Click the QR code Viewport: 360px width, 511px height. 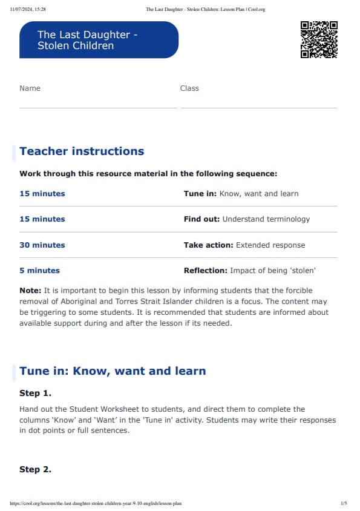point(319,39)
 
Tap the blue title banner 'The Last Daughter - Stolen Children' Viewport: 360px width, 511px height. point(99,40)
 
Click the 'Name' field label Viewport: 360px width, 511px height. point(30,88)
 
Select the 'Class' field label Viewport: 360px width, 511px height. point(189,88)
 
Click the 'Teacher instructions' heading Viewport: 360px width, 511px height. point(82,151)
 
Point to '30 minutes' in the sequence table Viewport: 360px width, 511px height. point(42,245)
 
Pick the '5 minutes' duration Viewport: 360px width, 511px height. point(40,271)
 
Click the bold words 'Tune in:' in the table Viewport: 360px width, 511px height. point(200,194)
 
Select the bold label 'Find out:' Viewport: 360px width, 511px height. point(201,219)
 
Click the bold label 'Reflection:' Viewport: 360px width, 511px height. point(205,271)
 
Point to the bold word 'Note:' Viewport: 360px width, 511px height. point(30,291)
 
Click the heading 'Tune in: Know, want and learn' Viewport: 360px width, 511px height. point(113,371)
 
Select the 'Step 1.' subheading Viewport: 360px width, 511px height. point(35,394)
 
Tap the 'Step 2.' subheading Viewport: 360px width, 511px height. point(35,470)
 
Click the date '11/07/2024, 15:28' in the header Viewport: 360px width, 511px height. point(28,9)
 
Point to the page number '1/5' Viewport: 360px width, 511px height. point(344,503)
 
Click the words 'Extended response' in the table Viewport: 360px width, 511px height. point(270,245)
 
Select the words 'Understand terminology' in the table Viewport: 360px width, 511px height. point(266,219)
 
